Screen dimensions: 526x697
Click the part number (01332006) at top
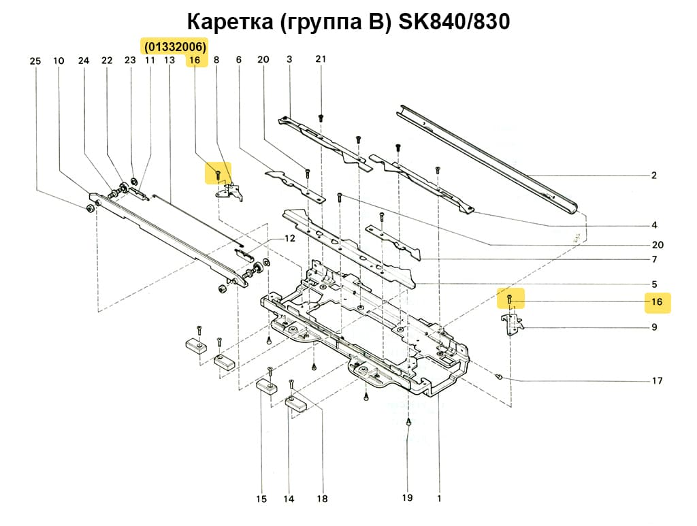click(175, 46)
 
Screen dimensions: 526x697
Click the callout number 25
click(35, 61)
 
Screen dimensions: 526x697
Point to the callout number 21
click(321, 59)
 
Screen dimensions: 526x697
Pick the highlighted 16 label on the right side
click(657, 302)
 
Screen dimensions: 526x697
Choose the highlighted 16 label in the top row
click(195, 61)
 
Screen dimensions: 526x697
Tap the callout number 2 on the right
click(653, 176)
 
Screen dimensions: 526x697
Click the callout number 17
click(657, 381)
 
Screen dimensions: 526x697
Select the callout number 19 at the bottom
click(407, 498)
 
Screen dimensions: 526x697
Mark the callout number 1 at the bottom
click(439, 498)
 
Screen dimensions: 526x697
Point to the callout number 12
click(290, 239)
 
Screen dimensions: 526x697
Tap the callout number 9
click(653, 327)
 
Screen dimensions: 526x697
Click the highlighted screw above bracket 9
click(510, 299)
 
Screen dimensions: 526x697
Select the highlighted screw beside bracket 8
click(217, 175)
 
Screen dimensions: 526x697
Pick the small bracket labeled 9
click(510, 323)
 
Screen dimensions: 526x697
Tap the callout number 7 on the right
click(653, 260)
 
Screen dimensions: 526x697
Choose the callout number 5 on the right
click(653, 284)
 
